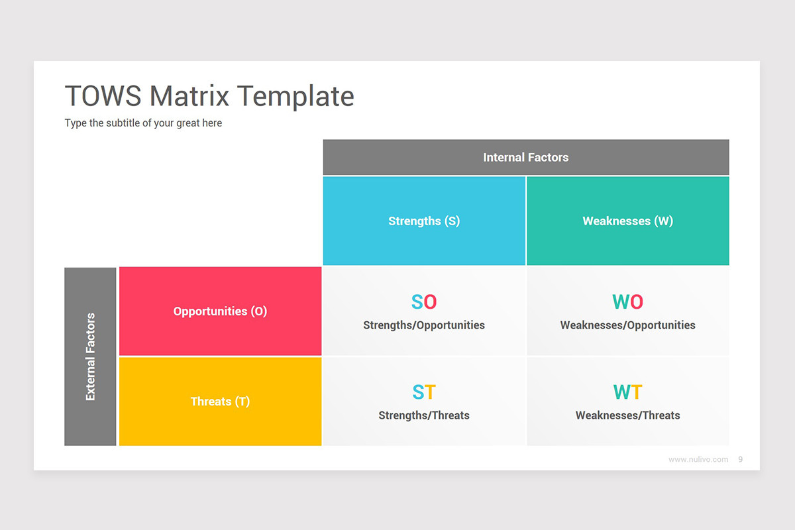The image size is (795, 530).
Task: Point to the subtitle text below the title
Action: [143, 123]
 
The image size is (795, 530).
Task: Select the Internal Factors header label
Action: [525, 157]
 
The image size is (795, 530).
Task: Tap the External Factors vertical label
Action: [91, 356]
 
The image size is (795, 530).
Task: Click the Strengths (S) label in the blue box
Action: [424, 221]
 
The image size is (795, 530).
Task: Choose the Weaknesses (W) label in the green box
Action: [627, 221]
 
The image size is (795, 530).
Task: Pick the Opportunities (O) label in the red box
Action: [220, 311]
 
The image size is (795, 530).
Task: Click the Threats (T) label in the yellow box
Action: [220, 401]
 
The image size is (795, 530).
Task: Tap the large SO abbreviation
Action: [424, 302]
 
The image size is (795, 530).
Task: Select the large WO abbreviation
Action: [627, 302]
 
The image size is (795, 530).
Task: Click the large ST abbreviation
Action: [424, 392]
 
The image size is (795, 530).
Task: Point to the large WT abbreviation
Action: [627, 392]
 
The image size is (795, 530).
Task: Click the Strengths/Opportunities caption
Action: [424, 325]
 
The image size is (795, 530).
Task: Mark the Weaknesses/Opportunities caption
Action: [627, 325]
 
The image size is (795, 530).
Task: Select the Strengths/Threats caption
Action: [424, 415]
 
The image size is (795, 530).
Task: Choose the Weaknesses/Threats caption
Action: [627, 415]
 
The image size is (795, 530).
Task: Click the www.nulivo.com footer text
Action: [698, 459]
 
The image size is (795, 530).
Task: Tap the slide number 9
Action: [740, 459]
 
